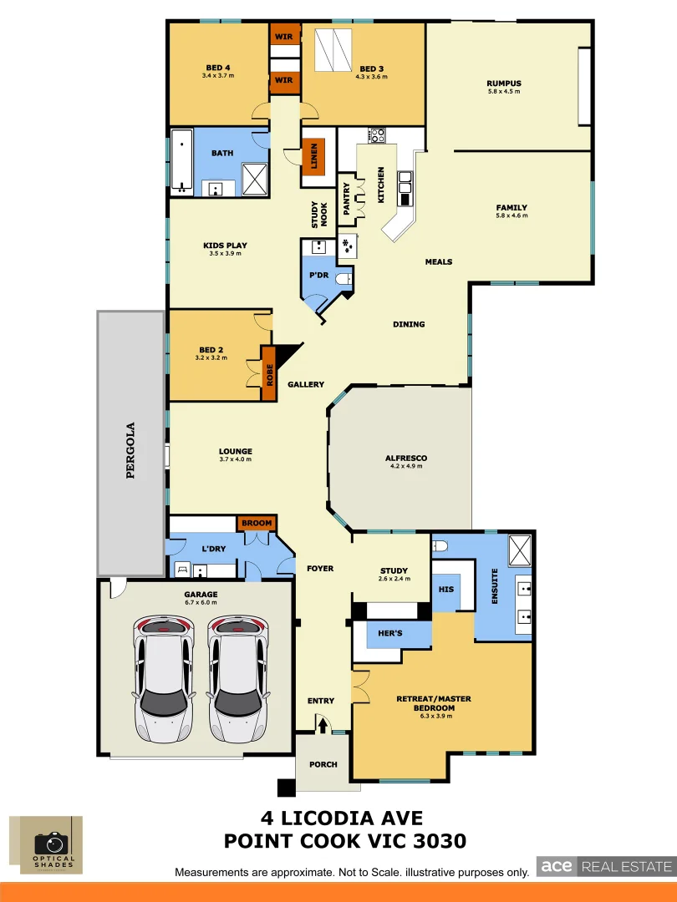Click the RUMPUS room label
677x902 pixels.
pyautogui.click(x=504, y=84)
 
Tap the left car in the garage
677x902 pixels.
pyautogui.click(x=165, y=678)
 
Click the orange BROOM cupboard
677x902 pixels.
pyautogui.click(x=257, y=524)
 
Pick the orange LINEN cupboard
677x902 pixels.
pyautogui.click(x=313, y=156)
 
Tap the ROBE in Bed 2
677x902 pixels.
pyautogui.click(x=269, y=373)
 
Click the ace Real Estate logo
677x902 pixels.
pyautogui.click(x=604, y=867)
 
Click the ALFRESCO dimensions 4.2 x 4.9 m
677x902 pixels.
pyautogui.click(x=406, y=467)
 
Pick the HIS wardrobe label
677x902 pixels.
pyautogui.click(x=445, y=589)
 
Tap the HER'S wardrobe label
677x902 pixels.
pyautogui.click(x=390, y=634)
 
